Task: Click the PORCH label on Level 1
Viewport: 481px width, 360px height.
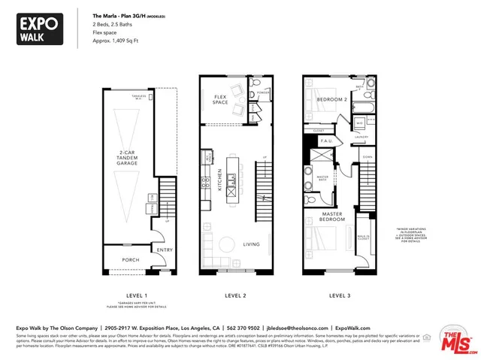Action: coord(121,260)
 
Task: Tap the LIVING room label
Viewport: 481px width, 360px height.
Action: coord(253,244)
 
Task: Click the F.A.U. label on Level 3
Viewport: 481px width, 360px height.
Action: coord(328,141)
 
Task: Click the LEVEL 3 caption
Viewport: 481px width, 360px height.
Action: coord(340,295)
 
